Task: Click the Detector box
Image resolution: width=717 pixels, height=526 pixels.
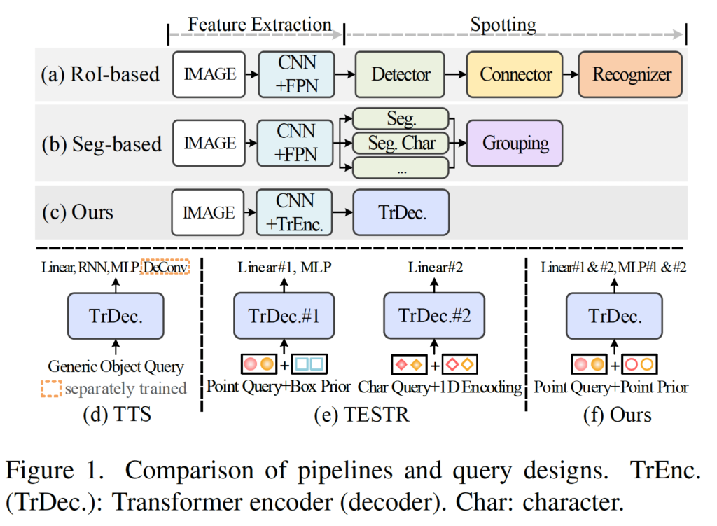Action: tap(401, 74)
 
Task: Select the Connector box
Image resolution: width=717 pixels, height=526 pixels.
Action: tap(515, 74)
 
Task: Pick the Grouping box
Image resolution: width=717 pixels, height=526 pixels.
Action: tap(515, 143)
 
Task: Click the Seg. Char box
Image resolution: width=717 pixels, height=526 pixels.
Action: tap(401, 143)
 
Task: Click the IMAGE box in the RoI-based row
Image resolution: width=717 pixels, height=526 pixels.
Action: tap(209, 74)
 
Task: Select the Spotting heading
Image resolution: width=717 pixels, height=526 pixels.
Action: tap(503, 25)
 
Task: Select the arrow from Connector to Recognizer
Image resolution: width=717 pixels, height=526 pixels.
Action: tap(571, 74)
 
